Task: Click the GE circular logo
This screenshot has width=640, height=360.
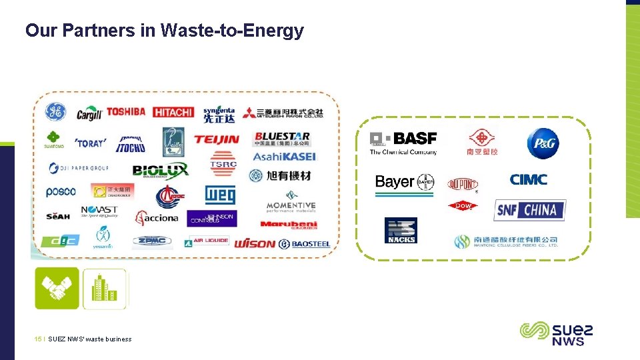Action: [55, 112]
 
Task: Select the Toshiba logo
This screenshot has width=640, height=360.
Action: [125, 112]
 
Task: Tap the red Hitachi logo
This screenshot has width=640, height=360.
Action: [173, 113]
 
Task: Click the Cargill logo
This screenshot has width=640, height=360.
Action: [89, 114]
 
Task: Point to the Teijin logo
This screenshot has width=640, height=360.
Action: [216, 140]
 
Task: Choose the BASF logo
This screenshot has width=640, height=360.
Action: [404, 141]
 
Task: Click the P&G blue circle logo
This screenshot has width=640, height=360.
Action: [543, 144]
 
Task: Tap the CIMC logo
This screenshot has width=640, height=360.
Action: [528, 179]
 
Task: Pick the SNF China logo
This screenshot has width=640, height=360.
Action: [530, 211]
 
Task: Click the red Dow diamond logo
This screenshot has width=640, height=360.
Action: [463, 206]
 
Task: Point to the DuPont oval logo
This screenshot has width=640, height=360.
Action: [463, 184]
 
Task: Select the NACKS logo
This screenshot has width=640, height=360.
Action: [401, 231]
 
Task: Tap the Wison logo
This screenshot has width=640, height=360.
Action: [255, 244]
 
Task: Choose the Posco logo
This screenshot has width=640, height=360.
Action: [61, 192]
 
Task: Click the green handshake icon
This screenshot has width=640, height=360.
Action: [57, 288]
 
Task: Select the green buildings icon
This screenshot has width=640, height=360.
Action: [104, 288]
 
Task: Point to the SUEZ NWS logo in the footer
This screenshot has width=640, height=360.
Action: [556, 333]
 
